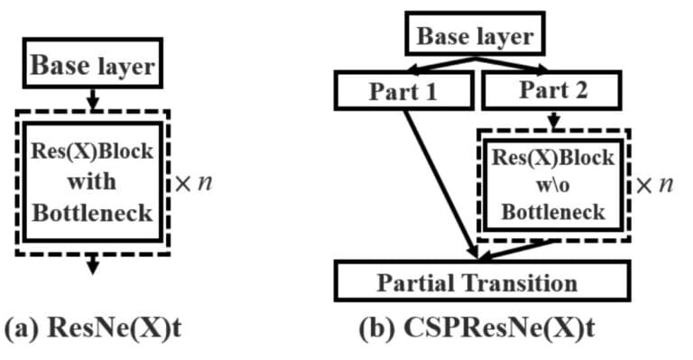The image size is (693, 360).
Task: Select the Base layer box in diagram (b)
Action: click(474, 37)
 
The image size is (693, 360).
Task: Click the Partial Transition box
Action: click(476, 282)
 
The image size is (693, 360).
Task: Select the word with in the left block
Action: click(92, 181)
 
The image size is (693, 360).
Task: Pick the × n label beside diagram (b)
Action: click(654, 185)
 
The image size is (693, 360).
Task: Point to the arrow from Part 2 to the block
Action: click(554, 119)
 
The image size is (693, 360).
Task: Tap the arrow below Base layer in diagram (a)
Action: click(93, 99)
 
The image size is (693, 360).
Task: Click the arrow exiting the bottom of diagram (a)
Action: click(93, 263)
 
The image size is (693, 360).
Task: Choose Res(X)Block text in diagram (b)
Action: click(553, 156)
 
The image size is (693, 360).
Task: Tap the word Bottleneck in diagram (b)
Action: click(553, 213)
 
